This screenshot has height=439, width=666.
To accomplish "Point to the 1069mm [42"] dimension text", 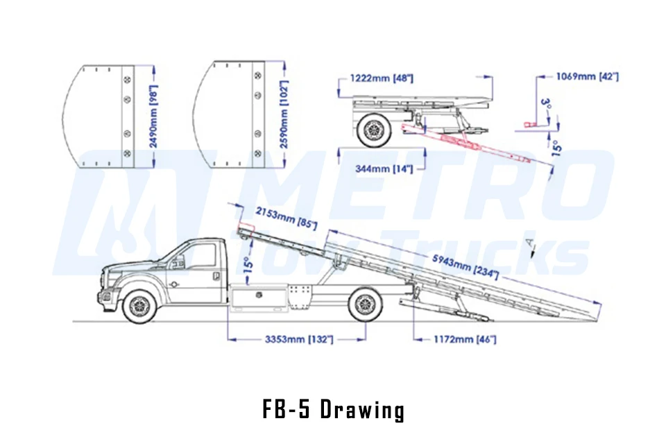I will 587,76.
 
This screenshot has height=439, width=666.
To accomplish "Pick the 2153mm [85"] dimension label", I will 286,218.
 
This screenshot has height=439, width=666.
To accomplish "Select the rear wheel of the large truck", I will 366,304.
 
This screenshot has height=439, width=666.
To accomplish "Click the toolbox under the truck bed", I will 257,299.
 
